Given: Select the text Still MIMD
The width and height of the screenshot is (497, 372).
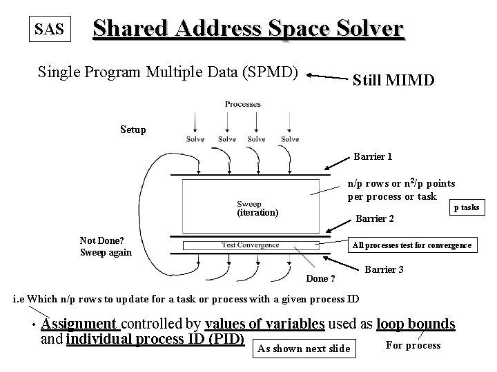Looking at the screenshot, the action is (393, 80).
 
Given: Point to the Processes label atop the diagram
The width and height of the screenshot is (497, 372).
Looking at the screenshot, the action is (242, 105).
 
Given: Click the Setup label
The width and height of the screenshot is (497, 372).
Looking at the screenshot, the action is (133, 129).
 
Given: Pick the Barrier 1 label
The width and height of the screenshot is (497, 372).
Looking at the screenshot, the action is (373, 156).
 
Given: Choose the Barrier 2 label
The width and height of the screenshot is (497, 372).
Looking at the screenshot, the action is (374, 219).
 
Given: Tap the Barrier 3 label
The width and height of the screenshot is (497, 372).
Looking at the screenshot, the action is (384, 269).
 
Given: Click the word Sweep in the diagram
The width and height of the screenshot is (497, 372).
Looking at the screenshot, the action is (249, 204).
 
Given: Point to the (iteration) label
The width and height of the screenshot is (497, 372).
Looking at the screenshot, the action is (257, 213).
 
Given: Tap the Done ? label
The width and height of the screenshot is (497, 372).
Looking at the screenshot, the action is (321, 279).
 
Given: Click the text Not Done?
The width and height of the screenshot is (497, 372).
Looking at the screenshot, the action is (101, 240).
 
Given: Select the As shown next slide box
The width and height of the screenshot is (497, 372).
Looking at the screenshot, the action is (303, 349).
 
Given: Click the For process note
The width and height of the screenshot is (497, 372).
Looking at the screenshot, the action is (413, 345).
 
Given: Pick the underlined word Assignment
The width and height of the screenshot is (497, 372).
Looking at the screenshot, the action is (79, 324).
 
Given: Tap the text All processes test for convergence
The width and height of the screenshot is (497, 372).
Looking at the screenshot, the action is (412, 245).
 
